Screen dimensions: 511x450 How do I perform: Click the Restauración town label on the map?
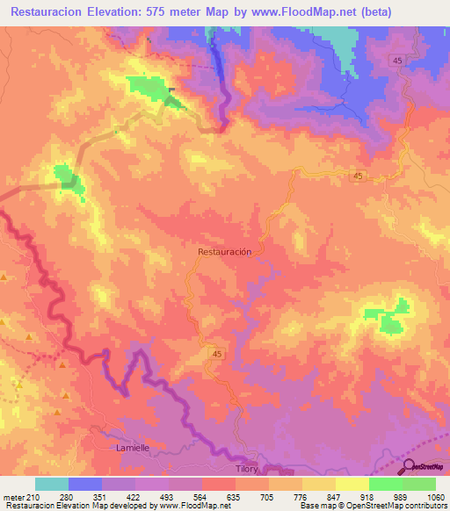(x=225, y=251)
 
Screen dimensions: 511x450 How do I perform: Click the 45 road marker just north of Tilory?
(x=215, y=352)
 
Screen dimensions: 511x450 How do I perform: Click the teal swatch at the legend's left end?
(x=52, y=484)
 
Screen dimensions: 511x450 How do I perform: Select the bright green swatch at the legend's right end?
(x=419, y=484)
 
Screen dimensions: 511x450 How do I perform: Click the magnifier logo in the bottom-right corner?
(x=406, y=468)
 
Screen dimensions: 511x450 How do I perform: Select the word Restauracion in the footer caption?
(x=27, y=506)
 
